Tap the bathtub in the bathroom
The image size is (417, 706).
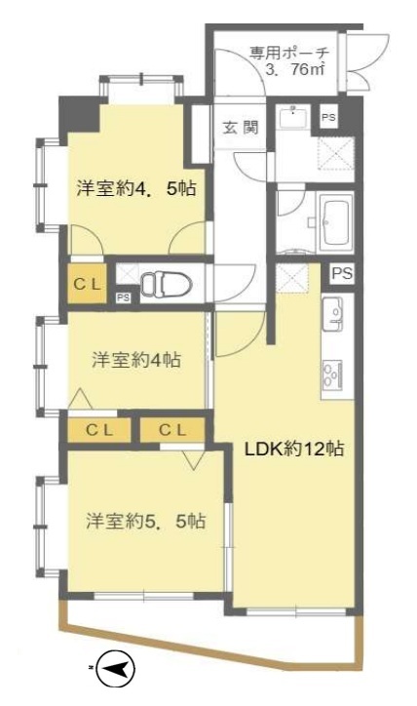click(x=336, y=221)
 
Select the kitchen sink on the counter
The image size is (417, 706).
click(x=333, y=314)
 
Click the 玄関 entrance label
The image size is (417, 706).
click(x=242, y=128)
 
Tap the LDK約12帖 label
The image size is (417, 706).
click(x=294, y=449)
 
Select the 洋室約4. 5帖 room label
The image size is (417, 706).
click(x=136, y=188)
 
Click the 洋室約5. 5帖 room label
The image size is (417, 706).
click(x=146, y=521)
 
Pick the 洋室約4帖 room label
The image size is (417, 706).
click(x=136, y=360)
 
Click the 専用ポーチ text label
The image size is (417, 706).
click(x=289, y=54)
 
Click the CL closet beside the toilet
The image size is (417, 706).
click(x=88, y=284)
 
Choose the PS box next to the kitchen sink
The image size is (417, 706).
click(x=342, y=273)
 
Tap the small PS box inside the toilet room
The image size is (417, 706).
click(x=123, y=297)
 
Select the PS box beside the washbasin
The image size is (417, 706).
click(x=328, y=117)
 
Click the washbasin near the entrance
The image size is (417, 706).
click(x=293, y=116)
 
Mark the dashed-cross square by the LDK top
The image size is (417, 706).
click(x=291, y=278)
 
